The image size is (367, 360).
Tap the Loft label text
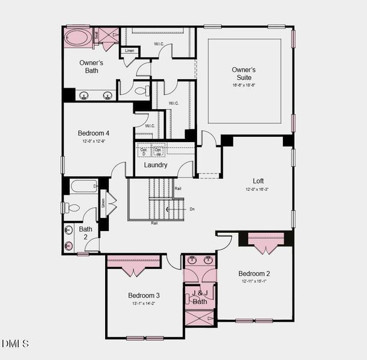(x=258, y=181)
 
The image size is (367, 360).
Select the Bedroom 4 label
(x=94, y=133)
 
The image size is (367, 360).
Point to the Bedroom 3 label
(x=144, y=295)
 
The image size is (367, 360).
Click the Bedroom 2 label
(x=254, y=273)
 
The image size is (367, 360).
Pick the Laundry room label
(x=156, y=165)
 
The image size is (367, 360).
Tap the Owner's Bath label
(x=91, y=67)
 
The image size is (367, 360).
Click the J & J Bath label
(x=200, y=298)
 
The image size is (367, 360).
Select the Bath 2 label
(x=86, y=233)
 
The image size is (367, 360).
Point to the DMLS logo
(x=15, y=344)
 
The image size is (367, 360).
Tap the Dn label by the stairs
(x=192, y=209)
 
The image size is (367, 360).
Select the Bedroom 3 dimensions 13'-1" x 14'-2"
(x=144, y=304)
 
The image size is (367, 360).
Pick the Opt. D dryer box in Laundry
(x=144, y=151)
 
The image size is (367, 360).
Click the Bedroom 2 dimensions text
(x=254, y=281)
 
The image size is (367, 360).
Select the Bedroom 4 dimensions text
(x=94, y=142)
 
